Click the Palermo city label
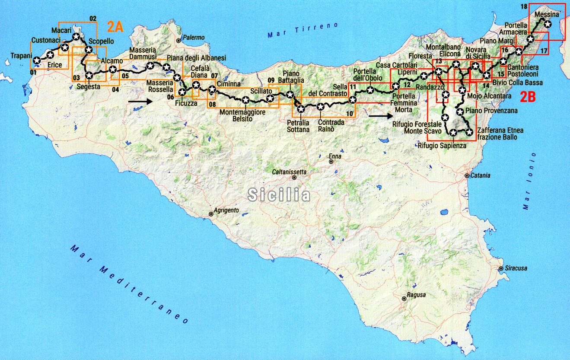pos(194,38)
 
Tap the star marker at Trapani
pos(37,61)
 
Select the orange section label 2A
pos(115,27)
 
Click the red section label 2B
pos(527,97)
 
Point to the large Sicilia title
pos(279,195)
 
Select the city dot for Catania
pos(467,176)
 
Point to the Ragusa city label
pos(416,295)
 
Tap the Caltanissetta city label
pos(289,172)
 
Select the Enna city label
pos(335,156)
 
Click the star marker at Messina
pos(548,25)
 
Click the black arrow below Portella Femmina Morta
pos(377,116)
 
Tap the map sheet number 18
pos(525,6)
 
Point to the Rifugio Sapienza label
pos(442,146)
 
